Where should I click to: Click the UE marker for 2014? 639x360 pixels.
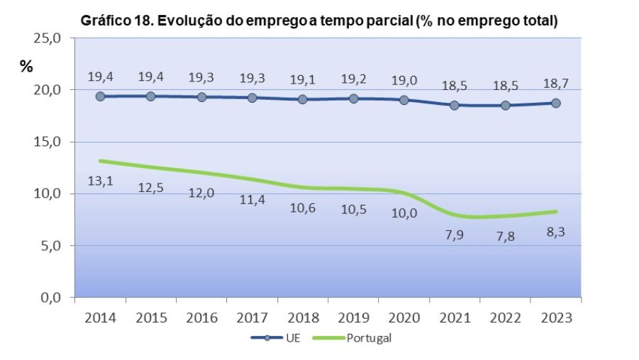tap(100, 96)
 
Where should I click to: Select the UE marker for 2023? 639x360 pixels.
tap(555, 103)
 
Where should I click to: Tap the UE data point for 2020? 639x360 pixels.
tap(404, 100)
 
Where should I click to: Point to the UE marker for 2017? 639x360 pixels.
tap(252, 98)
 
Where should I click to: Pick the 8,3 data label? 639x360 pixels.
tap(555, 231)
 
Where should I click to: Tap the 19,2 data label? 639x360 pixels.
tap(353, 76)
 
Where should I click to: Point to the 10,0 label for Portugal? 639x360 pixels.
tap(404, 213)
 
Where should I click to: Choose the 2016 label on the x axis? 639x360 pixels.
tap(201, 317)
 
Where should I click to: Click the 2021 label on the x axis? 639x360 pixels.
tap(454, 317)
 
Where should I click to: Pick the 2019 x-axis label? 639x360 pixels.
tap(353, 317)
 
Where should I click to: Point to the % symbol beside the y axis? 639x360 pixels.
tap(26, 67)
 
